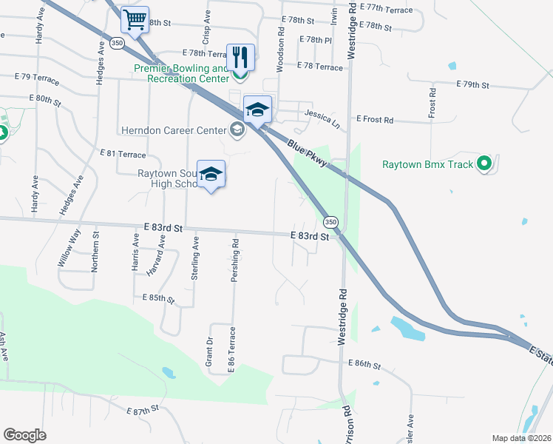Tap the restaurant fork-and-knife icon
[x=240, y=56]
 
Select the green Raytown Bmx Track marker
[x=484, y=164]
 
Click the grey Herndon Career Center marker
[x=237, y=131]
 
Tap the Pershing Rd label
[x=236, y=255]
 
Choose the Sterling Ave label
[x=196, y=257]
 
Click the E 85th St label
[x=157, y=298]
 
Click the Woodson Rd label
[x=281, y=50]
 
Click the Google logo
[x=25, y=435]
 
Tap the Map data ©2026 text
[x=521, y=438]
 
